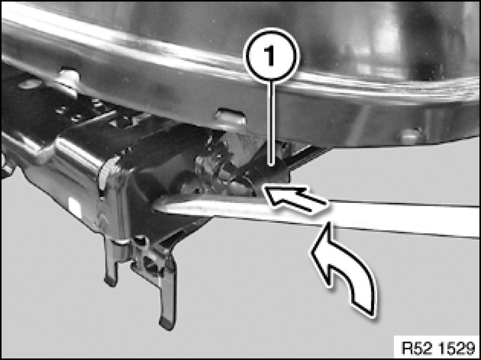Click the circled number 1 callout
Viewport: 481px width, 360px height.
pos(271,56)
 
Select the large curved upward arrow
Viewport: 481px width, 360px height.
pos(344,266)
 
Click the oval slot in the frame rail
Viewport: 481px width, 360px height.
pos(230,116)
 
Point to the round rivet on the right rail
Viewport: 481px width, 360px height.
pos(410,135)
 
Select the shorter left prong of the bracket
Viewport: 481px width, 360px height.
pos(110,264)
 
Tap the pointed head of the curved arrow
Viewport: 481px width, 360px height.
pos(327,224)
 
